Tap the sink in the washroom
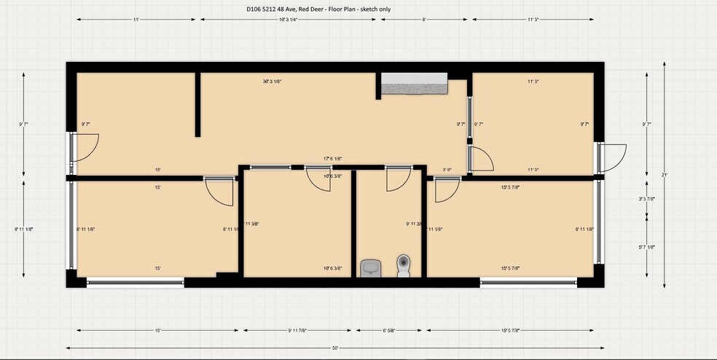pos(370,268)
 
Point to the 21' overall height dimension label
pos(663,175)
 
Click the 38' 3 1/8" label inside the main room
pos(272,82)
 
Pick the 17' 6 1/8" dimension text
pos(333,159)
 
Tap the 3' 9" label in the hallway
pos(448,170)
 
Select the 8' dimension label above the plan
pos(423,20)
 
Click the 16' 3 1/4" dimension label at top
pos(289,20)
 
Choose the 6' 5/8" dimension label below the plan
pos(388,330)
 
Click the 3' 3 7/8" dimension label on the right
pos(644,198)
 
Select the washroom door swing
pos(397,179)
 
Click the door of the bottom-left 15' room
pos(219,191)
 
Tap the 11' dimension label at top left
pos(136,20)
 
